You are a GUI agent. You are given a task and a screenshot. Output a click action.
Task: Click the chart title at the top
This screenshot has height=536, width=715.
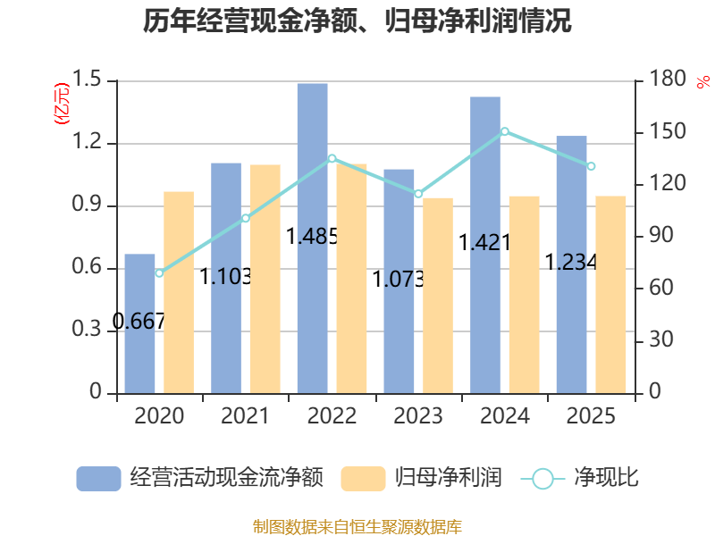pos(357,21)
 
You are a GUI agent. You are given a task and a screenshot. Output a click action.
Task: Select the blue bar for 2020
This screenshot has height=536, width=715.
pos(139,323)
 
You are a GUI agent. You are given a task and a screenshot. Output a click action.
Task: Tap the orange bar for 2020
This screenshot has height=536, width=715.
pos(179,293)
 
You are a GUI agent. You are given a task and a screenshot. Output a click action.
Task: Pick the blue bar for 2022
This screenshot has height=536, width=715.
pos(312,239)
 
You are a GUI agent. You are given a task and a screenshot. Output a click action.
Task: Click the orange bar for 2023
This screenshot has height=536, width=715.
pos(438,296)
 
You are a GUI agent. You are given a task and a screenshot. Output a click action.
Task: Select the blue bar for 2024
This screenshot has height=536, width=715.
pos(485,245)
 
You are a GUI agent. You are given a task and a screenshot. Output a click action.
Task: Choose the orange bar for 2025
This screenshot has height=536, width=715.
pos(610,295)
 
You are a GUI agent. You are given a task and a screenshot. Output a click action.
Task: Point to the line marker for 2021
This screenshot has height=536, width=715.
pos(246,218)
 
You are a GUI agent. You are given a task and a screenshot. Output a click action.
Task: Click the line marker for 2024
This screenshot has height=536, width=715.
pos(505,131)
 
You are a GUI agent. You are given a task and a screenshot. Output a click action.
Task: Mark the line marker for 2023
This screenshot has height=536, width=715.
pos(418,194)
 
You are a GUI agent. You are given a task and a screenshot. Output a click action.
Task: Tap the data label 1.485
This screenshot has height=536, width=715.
pos(312,236)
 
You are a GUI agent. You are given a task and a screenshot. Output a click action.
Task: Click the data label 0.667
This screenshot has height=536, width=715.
pos(139,322)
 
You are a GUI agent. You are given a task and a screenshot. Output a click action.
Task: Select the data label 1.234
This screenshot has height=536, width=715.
pos(571,262)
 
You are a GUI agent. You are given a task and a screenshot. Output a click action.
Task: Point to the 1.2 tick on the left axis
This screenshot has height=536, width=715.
pos(87,142)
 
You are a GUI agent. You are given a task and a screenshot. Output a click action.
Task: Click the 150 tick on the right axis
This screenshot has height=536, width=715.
pos(668,131)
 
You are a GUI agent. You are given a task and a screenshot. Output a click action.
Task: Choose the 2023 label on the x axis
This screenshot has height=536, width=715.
pos(418,415)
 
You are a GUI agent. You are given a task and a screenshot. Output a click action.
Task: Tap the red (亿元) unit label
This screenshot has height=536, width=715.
pos(62,104)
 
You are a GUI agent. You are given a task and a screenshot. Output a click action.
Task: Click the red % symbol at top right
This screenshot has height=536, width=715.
pos(703,82)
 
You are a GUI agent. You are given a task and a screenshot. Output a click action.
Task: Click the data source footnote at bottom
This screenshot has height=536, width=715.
pos(357,527)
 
